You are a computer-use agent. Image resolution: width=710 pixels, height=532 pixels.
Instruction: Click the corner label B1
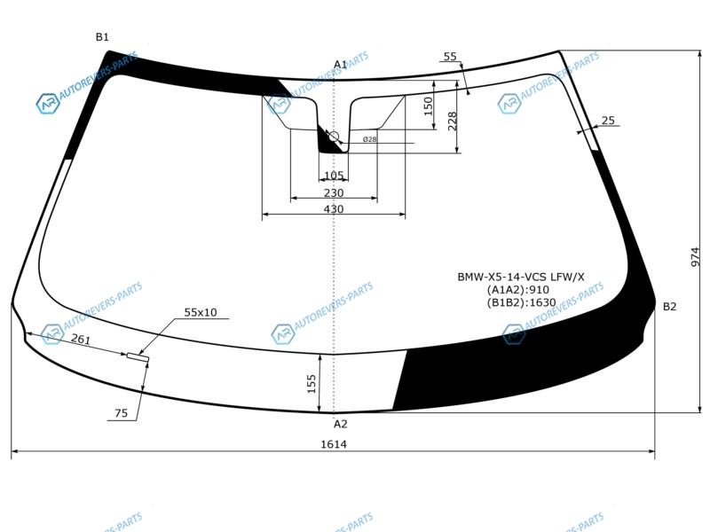coord(102,37)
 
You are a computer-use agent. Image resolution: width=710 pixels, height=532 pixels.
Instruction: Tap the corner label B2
coord(669,307)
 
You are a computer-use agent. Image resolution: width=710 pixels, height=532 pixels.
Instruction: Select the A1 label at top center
coord(340,65)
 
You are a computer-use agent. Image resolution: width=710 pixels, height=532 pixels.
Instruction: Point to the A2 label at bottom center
coord(341,424)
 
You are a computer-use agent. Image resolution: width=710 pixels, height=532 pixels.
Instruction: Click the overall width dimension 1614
coord(334,444)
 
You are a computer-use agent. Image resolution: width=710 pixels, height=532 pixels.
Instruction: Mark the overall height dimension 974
coord(696,257)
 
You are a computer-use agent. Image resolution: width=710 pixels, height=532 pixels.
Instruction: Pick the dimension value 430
coord(334,209)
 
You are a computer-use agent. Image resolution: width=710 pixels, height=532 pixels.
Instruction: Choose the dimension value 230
coord(334,193)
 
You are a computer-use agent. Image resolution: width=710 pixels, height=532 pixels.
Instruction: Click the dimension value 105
coord(334,176)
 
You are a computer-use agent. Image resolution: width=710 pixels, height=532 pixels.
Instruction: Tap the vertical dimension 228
coord(453,121)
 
